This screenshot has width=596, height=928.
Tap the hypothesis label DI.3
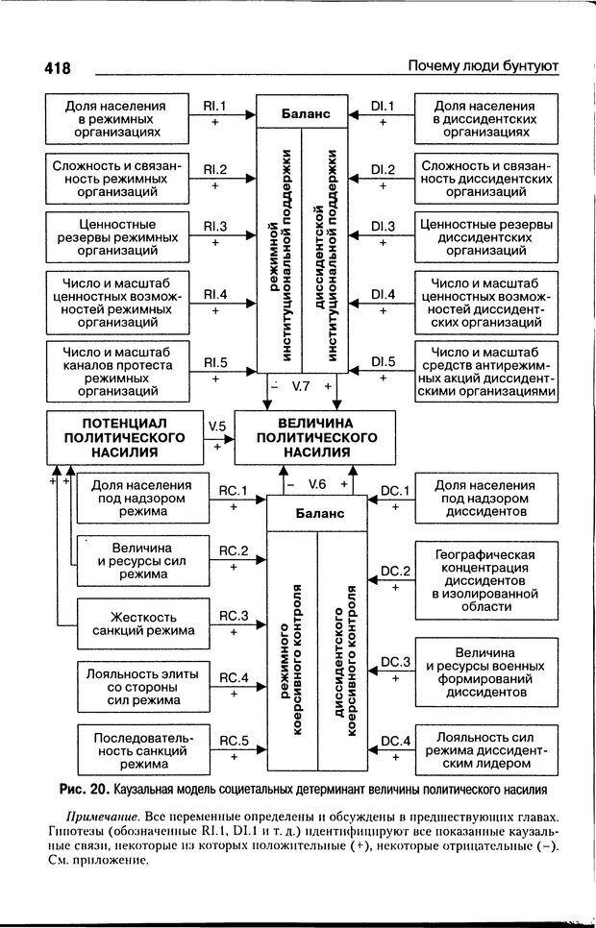(384, 227)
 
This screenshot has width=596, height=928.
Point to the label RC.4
(234, 677)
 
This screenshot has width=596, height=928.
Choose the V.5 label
(216, 427)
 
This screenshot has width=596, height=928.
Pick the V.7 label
(301, 385)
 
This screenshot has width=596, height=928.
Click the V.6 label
(317, 484)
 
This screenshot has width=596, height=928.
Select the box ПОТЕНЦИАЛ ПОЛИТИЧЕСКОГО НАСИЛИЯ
(117, 437)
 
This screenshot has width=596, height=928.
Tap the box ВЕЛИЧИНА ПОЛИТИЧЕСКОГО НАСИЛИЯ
(315, 437)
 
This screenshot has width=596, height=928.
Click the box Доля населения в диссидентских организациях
(484, 118)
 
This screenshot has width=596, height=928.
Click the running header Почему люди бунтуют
(483, 66)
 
